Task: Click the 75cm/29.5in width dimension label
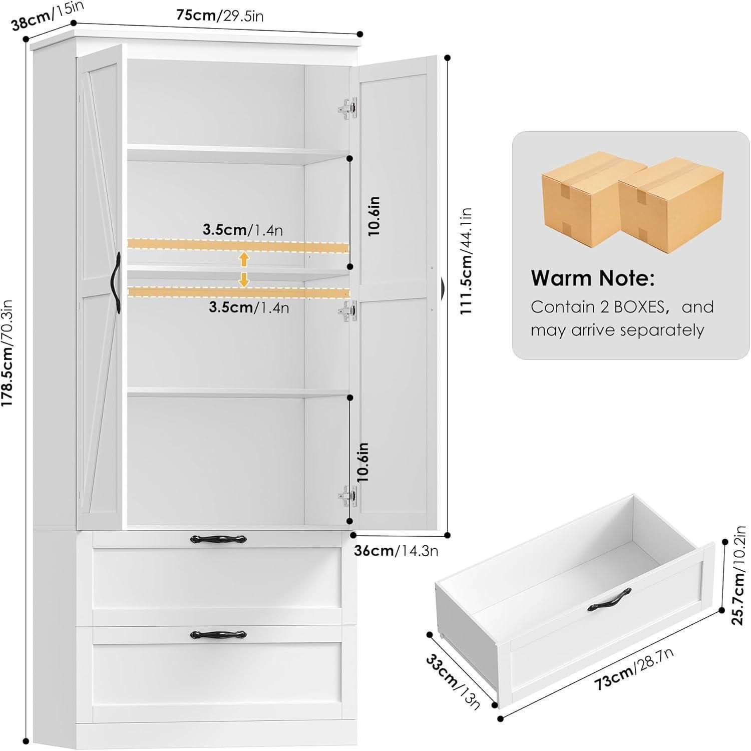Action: tap(220, 16)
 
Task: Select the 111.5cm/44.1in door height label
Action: tap(466, 261)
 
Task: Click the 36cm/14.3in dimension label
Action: tap(396, 551)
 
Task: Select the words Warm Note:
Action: tap(593, 278)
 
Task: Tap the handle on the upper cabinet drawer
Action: tap(218, 539)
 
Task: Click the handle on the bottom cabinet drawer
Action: tap(218, 634)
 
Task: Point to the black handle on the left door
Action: tap(117, 283)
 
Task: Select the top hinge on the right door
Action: tap(348, 109)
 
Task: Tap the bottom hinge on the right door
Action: tap(348, 496)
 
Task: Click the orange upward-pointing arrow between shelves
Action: tap(244, 259)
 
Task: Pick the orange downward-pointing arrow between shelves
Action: tap(244, 279)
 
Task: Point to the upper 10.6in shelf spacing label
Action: tap(374, 216)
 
